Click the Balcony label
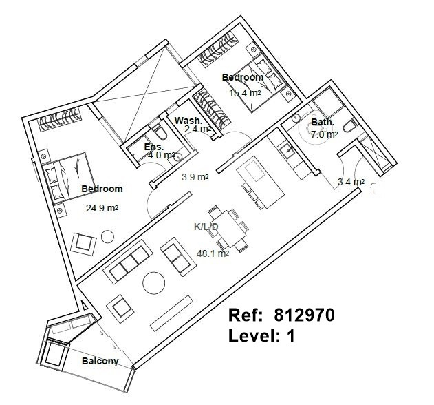coord(100,361)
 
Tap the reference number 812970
coord(304,315)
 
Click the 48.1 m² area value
coord(213,253)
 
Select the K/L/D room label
coord(206,227)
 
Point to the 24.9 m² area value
coord(102,208)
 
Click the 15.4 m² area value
coord(245,93)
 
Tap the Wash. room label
coord(188,121)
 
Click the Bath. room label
coord(323,122)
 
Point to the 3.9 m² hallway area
coord(195,177)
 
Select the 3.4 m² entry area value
coord(351,182)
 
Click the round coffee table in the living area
coord(154,283)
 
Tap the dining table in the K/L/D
coord(228,229)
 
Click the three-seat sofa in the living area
coord(128,262)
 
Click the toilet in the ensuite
coord(160,132)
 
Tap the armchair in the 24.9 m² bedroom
coord(83,245)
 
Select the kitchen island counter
coord(261,181)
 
